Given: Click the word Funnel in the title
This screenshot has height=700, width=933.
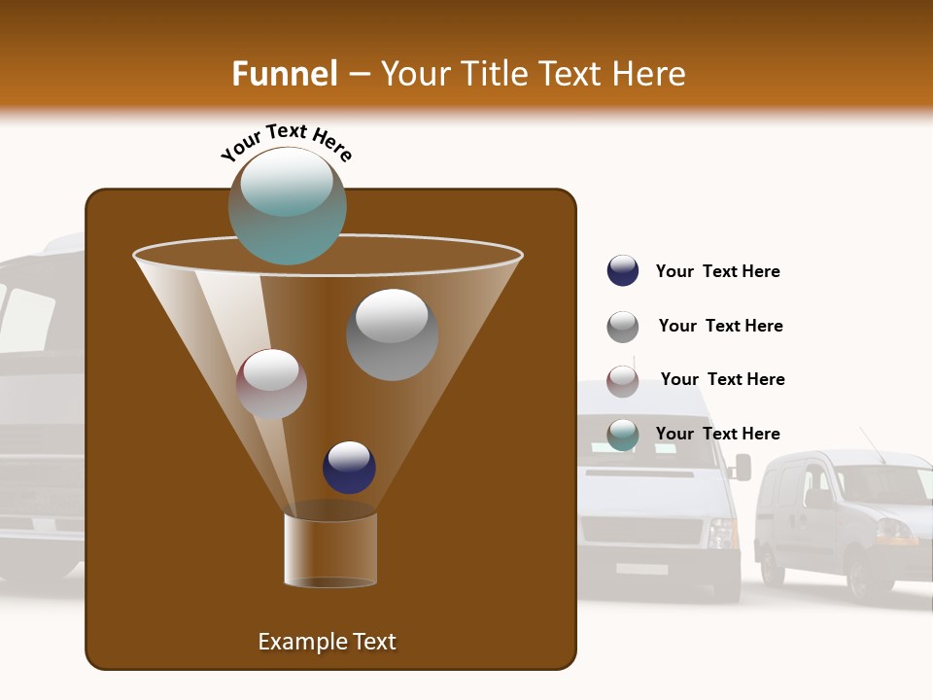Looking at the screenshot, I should pos(284,74).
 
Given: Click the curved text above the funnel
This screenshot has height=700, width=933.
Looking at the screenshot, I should pos(287,141).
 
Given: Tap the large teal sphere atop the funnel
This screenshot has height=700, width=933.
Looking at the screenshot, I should pos(287,205).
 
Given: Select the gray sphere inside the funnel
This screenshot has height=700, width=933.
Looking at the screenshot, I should pos(392,334).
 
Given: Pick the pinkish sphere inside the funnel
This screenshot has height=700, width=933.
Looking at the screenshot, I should pos(271,384).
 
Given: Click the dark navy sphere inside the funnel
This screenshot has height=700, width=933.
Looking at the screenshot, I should pos(349,468).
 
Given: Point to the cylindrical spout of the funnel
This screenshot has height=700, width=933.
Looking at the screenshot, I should pos(330,549).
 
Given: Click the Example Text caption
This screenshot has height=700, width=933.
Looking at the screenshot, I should pos(327,642).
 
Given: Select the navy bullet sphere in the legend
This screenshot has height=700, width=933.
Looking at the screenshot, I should pos(623,271).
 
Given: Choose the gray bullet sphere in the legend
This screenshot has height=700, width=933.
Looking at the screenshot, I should pos(623,327).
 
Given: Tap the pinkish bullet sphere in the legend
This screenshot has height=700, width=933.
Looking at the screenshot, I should pos(623,381).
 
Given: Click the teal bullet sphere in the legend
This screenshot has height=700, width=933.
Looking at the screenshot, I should pos(623,435).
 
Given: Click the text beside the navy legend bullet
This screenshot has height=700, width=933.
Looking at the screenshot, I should pos(717,272).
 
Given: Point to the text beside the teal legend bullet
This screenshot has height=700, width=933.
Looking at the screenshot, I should pos(717,434).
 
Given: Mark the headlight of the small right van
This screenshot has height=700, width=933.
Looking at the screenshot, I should pos(894,531).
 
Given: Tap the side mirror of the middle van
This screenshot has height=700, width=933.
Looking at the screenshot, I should pos(743,468).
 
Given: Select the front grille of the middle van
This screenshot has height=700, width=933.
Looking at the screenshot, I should pos(641,531).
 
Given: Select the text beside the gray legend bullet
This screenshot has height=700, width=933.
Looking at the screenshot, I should pos(720,326).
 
